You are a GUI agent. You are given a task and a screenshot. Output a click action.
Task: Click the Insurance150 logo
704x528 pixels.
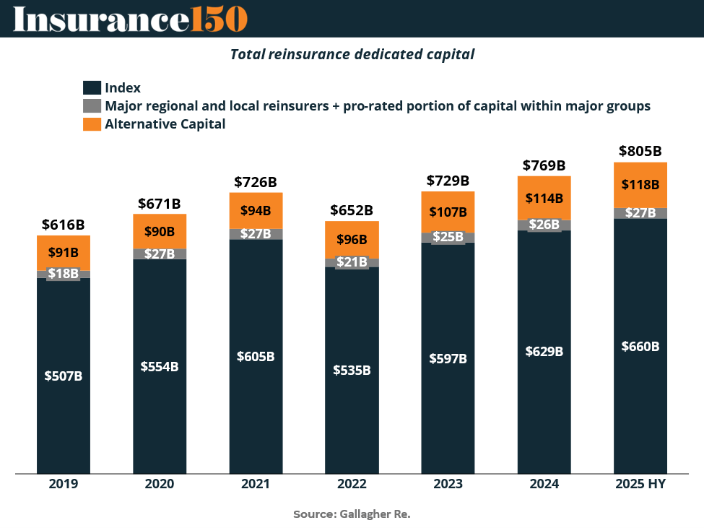[x=130, y=19]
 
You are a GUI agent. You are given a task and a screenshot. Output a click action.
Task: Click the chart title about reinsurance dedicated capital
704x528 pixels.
[x=352, y=54]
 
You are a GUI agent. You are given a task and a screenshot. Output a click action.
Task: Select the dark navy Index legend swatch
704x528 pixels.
[x=92, y=88]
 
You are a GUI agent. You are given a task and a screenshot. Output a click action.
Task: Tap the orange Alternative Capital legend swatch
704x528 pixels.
[x=92, y=124]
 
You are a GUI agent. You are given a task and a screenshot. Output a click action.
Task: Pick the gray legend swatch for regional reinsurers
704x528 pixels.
[x=92, y=106]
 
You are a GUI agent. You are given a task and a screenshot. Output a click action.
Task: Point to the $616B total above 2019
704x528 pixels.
[x=64, y=224]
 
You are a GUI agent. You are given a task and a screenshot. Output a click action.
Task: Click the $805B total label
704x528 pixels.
[x=640, y=152]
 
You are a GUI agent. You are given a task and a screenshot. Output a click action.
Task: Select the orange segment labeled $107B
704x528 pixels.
[x=448, y=212]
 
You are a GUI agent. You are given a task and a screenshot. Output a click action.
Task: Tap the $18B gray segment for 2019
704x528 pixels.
[x=64, y=274]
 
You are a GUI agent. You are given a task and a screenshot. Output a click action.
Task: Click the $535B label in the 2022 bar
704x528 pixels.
[x=352, y=370]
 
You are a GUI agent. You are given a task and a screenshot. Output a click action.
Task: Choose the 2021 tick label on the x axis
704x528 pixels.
[x=256, y=484]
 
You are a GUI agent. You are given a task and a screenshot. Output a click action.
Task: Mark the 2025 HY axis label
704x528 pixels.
[x=640, y=484]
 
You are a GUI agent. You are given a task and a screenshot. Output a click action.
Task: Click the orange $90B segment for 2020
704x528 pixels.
[x=160, y=231]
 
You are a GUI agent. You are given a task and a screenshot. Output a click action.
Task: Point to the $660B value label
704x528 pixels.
[x=640, y=346]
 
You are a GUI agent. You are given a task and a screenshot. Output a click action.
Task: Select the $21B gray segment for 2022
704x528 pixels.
[x=352, y=262]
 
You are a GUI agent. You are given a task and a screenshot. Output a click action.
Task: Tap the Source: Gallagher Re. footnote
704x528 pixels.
[x=352, y=514]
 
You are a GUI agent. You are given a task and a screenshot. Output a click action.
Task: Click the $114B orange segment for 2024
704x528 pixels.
[x=544, y=198]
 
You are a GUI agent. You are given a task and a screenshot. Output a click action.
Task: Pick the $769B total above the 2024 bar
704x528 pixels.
[x=544, y=165]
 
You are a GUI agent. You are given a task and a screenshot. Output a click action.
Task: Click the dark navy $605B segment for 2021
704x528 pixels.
[x=256, y=357]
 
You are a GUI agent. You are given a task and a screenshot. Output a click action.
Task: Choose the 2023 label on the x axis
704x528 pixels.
[x=448, y=484]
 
